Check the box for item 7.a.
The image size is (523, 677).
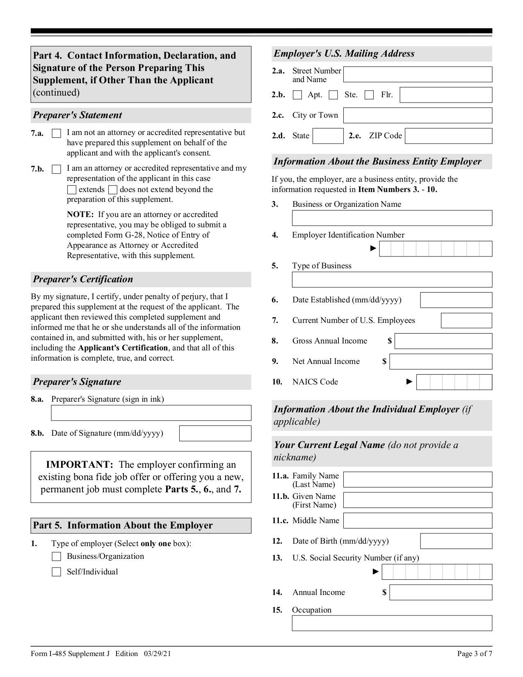tap(57, 133)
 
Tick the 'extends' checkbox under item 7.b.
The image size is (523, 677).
tap(72, 190)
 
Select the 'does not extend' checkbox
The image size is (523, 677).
tap(113, 190)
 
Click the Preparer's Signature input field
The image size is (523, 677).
tap(151, 413)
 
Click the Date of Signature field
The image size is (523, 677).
tap(215, 433)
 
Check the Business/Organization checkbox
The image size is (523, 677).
tap(57, 557)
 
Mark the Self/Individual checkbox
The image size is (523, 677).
tap(57, 572)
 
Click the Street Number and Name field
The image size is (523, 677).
tap(418, 74)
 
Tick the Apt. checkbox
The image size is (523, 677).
tap(297, 95)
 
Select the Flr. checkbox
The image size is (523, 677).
tap(369, 95)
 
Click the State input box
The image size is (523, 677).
tap(328, 136)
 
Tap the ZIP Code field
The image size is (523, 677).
tap(448, 136)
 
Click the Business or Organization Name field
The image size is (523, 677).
tap(392, 218)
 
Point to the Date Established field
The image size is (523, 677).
tap(456, 300)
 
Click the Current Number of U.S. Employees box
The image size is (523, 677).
tap(466, 320)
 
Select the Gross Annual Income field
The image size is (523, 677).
tap(443, 341)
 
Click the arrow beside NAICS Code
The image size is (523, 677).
tap(409, 382)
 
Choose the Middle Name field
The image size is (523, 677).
tap(418, 521)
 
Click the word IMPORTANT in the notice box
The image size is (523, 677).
tap(79, 464)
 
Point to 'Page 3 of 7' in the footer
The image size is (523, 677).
tap(475, 654)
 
